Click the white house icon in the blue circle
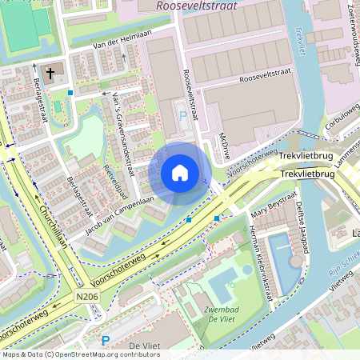click(180, 173)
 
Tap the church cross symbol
click(50, 74)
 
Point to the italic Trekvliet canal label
click(300, 39)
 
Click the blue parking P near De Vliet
click(105, 341)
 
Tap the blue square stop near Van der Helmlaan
click(70, 93)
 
